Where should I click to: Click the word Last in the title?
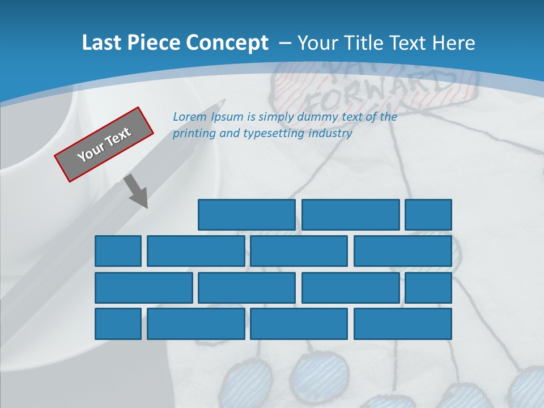point(102,43)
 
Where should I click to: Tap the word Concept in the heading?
point(227,43)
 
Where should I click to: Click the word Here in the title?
point(453,43)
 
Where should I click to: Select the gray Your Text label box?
point(104,144)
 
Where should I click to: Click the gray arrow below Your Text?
point(136,191)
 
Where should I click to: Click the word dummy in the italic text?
point(315,117)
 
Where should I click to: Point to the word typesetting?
point(273,134)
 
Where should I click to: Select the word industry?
point(330,134)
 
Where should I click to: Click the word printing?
point(193,134)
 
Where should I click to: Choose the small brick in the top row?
point(428,215)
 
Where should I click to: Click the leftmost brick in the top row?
point(246,215)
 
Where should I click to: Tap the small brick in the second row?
point(118,251)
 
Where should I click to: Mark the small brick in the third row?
point(428,287)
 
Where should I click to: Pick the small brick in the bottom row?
point(118,324)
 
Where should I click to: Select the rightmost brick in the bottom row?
point(403,324)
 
